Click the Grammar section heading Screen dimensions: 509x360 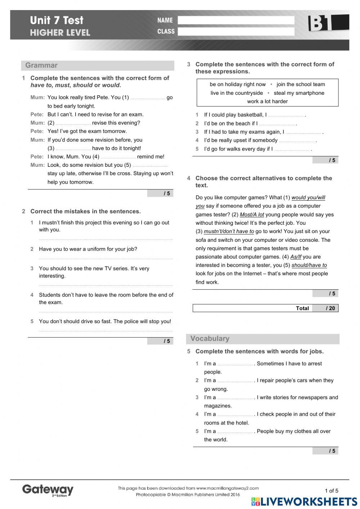click(41, 66)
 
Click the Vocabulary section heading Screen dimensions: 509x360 click(210, 339)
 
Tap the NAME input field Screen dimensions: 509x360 click(236, 21)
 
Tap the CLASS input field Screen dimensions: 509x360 click(236, 32)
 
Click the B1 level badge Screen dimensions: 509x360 click(328, 23)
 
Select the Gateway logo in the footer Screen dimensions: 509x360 click(48, 490)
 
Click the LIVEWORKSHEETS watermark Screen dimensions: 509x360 click(304, 502)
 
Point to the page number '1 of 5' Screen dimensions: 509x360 click(332, 491)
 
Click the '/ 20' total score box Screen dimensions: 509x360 click(325, 308)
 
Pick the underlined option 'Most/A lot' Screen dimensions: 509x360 click(252, 215)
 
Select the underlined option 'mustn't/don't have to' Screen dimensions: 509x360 click(229, 232)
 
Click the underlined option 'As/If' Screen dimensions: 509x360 click(296, 257)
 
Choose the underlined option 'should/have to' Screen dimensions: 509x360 click(309, 265)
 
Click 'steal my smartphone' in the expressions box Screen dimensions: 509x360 click(299, 93)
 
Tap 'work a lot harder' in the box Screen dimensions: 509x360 click(267, 102)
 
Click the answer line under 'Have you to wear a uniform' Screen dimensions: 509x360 click(106, 258)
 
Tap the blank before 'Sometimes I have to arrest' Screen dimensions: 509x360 click(235, 364)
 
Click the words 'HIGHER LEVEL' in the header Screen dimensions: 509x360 click(60, 33)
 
